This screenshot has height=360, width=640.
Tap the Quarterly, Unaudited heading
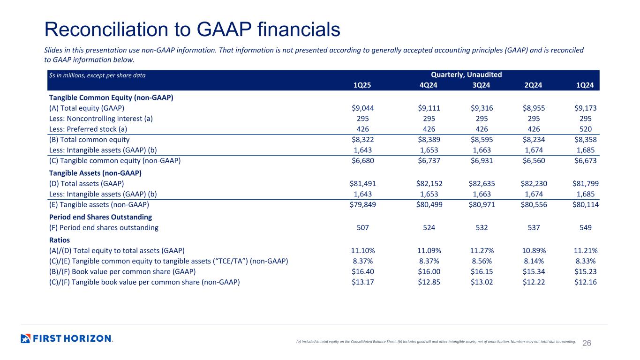click(x=466, y=75)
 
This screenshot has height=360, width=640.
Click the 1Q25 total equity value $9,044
click(x=362, y=108)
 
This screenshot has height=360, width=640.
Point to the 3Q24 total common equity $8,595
click(x=480, y=139)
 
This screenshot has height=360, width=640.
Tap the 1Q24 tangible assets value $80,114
click(x=582, y=204)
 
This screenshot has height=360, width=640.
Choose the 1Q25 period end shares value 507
click(x=363, y=228)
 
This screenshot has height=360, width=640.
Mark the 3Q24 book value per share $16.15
click(x=480, y=271)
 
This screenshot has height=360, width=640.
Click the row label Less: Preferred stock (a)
click(x=88, y=129)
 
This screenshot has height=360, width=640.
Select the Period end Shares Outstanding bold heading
click(x=100, y=217)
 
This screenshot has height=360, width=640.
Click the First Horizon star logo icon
click(x=26, y=338)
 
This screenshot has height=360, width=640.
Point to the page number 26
click(x=587, y=343)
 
